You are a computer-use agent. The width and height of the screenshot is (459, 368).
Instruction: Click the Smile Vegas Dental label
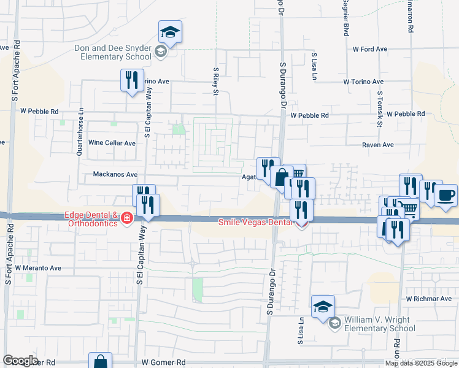(x=256, y=223)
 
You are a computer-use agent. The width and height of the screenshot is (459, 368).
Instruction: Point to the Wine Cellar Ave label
(x=112, y=143)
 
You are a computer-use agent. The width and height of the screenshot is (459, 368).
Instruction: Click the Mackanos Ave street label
(x=115, y=174)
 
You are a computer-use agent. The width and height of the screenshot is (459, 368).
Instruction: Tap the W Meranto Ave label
(x=39, y=268)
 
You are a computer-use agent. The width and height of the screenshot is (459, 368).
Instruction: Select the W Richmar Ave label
(x=428, y=299)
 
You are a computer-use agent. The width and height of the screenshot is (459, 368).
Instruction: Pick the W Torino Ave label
(x=363, y=82)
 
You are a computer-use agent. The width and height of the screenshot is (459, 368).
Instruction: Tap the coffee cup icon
(x=446, y=196)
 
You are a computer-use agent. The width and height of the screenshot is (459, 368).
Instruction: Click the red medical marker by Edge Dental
(x=127, y=218)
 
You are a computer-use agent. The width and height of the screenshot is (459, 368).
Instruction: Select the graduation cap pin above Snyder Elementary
(x=170, y=32)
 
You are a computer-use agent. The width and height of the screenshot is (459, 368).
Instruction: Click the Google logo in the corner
(x=20, y=361)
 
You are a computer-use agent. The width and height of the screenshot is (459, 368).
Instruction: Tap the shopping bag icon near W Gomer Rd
(x=100, y=362)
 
